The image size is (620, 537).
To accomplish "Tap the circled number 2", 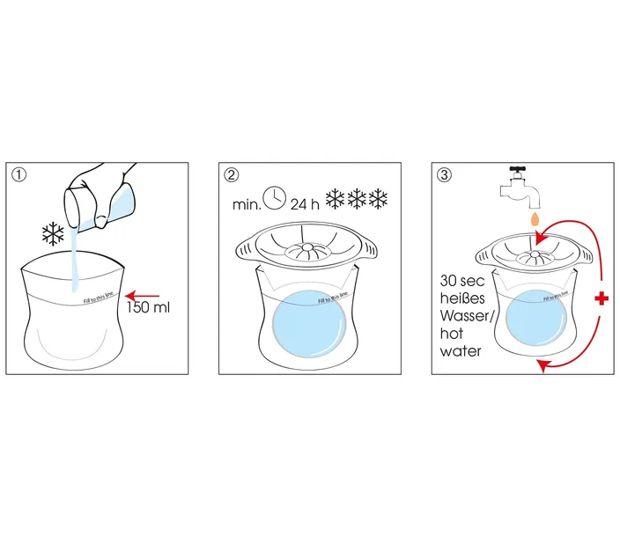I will click(x=231, y=174).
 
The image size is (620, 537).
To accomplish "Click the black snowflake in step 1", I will click(x=55, y=233).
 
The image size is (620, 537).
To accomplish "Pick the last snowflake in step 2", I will click(x=380, y=199).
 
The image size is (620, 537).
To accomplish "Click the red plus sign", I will click(x=602, y=300).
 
